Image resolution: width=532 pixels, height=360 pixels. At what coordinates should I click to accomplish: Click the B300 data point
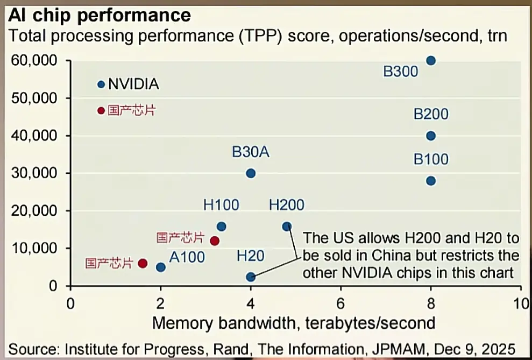(x=430, y=60)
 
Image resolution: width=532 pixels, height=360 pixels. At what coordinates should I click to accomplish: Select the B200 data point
(x=430, y=136)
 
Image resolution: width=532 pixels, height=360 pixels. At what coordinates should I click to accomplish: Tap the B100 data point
(x=430, y=181)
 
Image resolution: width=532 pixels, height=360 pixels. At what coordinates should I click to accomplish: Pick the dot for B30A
(x=251, y=173)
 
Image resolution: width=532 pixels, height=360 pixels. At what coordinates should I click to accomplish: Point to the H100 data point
(x=221, y=227)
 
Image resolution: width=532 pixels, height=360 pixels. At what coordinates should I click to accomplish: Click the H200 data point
(x=287, y=227)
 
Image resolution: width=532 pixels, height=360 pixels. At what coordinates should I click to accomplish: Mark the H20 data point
(x=251, y=277)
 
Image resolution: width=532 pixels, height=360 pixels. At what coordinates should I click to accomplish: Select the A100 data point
(x=160, y=267)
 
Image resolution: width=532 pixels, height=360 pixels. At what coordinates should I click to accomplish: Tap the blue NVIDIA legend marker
(x=101, y=84)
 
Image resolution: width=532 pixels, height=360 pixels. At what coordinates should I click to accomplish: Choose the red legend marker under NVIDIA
(x=101, y=110)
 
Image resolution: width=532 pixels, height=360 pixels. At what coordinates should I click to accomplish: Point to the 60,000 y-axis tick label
(x=34, y=60)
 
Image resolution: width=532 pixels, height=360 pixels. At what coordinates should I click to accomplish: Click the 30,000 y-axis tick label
(x=34, y=173)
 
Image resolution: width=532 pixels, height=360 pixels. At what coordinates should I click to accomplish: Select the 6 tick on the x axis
(x=341, y=302)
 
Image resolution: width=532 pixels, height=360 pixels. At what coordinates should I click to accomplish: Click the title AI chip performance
(x=99, y=16)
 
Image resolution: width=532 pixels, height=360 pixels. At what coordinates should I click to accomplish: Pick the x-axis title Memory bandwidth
(x=294, y=323)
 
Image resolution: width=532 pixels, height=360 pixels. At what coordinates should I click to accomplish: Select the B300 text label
(x=400, y=71)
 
